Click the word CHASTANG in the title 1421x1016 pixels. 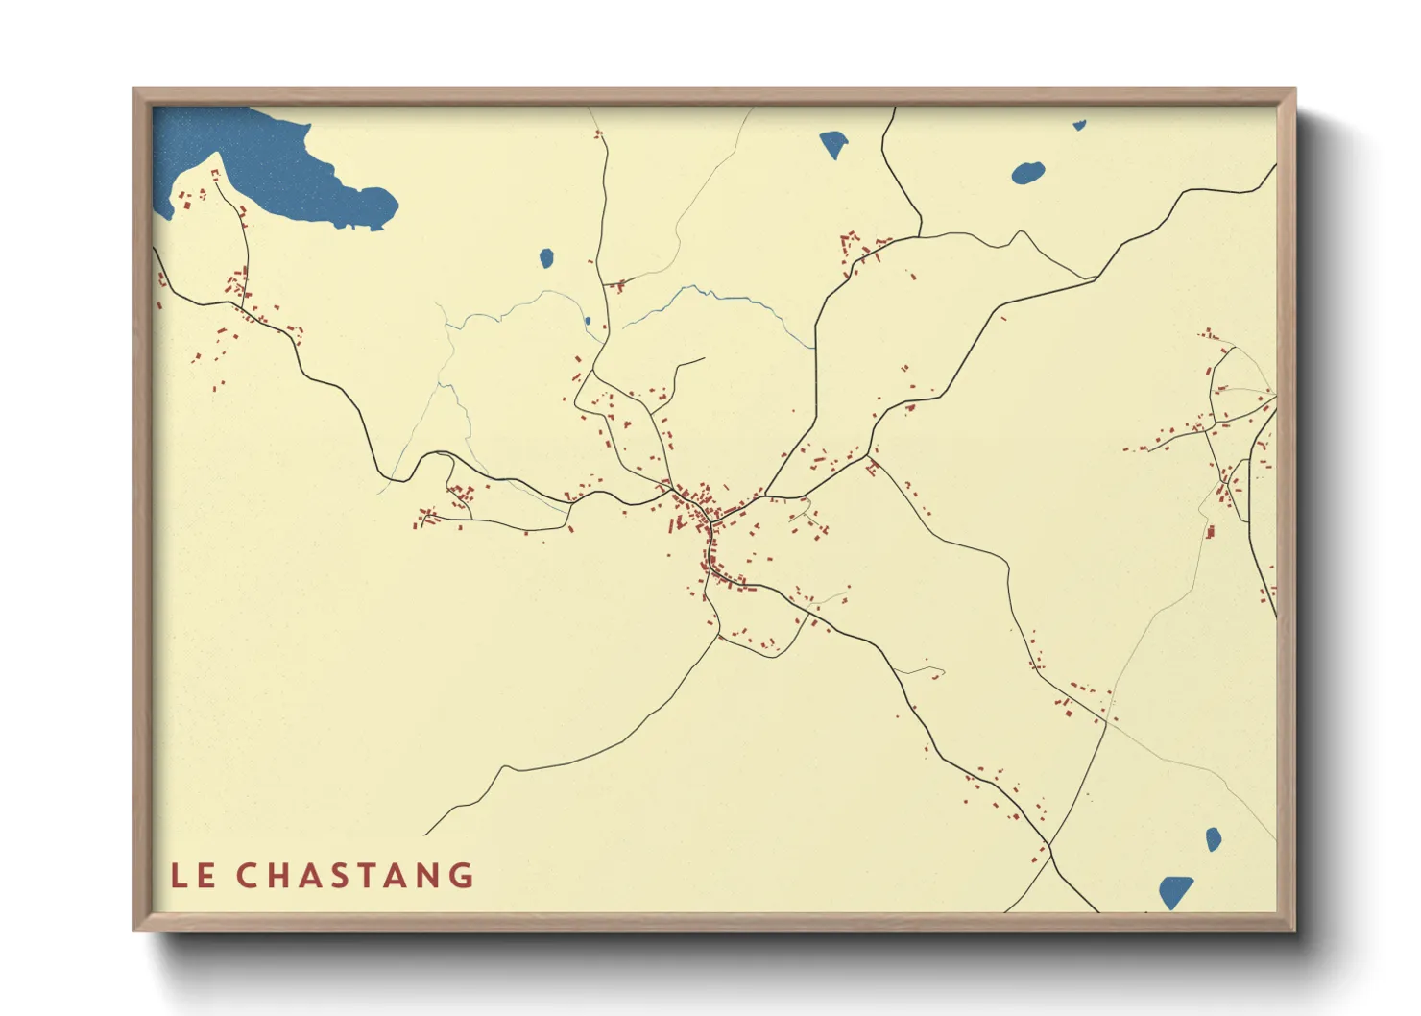tap(355, 876)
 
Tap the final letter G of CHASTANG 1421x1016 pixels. tap(463, 876)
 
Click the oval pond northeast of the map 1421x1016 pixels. tap(1028, 174)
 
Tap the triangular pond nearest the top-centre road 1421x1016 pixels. tap(833, 144)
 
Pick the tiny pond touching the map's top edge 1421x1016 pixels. tap(1079, 125)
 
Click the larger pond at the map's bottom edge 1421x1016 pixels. tap(1175, 891)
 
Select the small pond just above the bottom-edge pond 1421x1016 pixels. tap(1214, 838)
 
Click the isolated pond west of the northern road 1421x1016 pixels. tap(546, 257)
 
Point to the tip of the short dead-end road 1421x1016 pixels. tap(704, 359)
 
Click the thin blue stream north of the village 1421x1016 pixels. tap(710, 294)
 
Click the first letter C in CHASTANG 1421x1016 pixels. tap(247, 876)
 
